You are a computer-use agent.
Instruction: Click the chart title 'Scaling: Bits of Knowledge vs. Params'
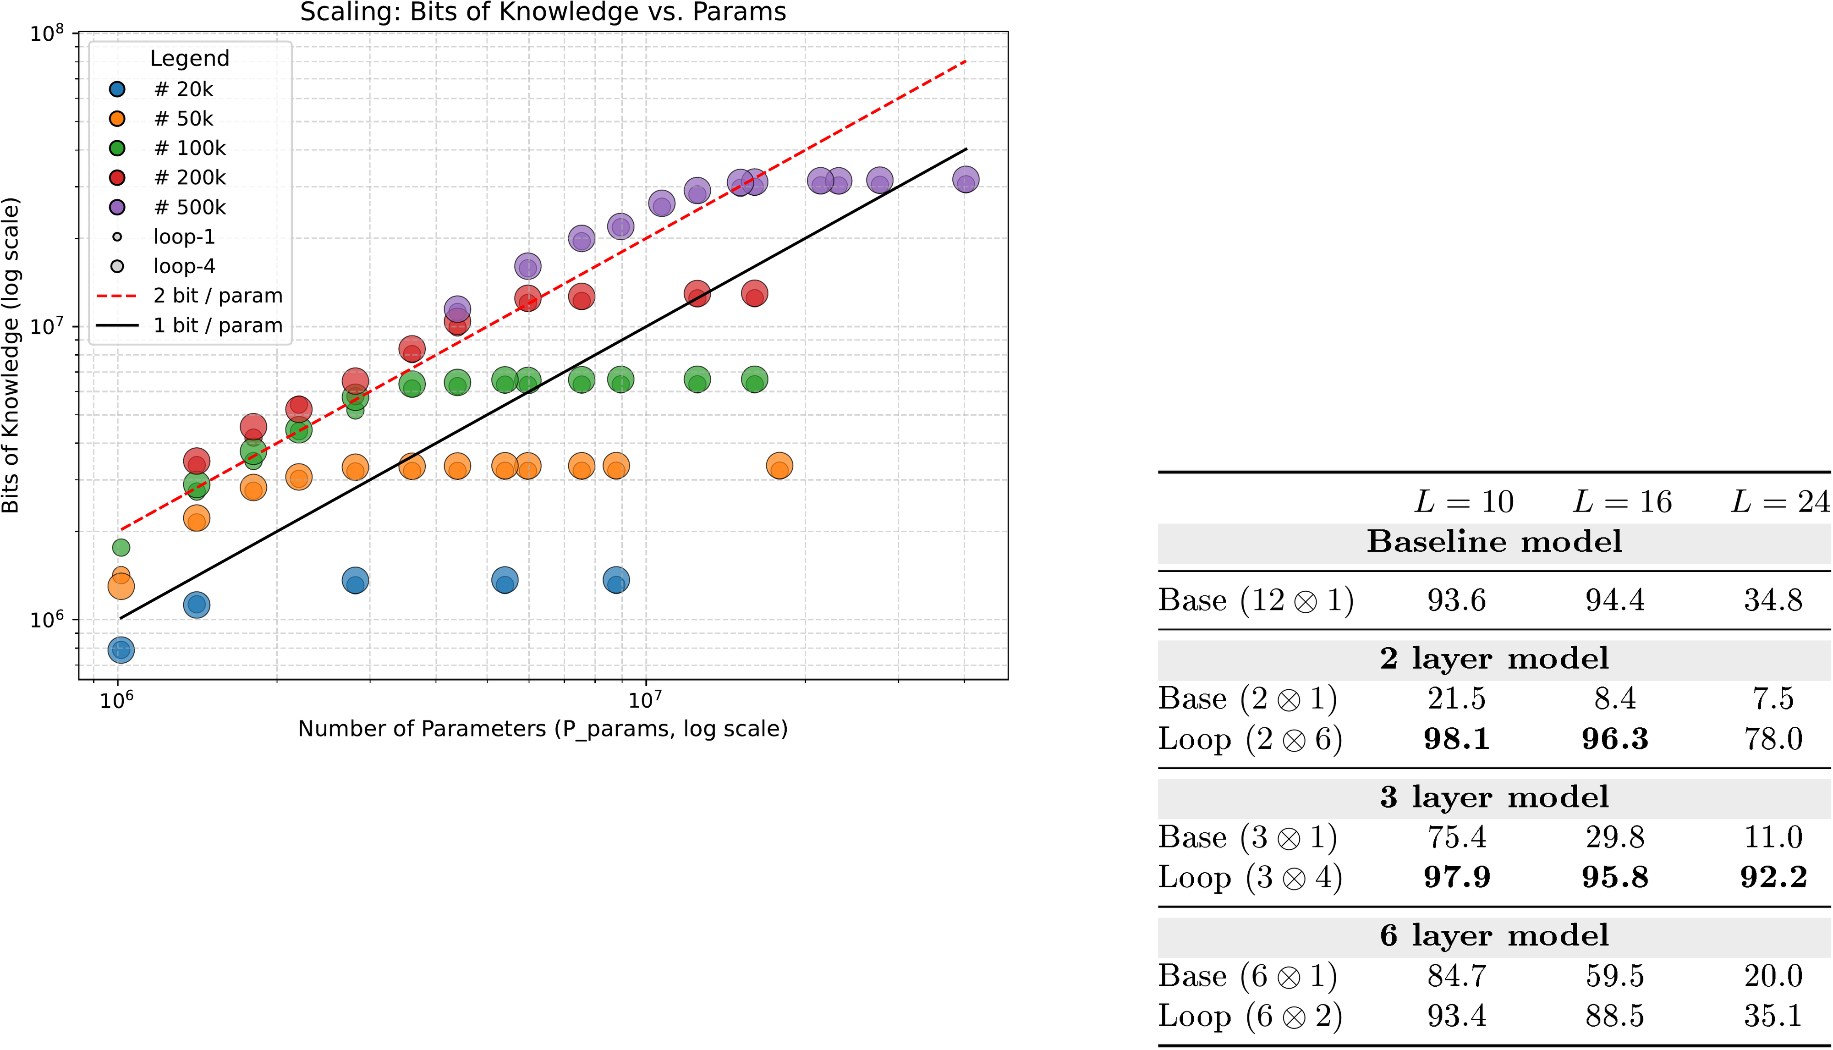pos(543,12)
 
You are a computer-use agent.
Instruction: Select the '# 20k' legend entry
pos(183,89)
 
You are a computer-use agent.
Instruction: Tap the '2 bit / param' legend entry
pos(218,296)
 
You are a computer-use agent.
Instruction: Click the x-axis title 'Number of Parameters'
pos(542,729)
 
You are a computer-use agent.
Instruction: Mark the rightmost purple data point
pos(966,180)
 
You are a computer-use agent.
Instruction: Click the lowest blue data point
pos(121,650)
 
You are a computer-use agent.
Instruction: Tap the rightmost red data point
pos(754,293)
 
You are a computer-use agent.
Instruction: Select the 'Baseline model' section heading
pos(1494,542)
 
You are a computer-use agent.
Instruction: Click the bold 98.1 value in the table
pos(1457,739)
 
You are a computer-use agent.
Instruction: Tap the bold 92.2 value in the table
pos(1773,878)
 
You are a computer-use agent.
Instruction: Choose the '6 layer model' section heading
pos(1494,936)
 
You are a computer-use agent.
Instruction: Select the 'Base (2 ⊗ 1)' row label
pos(1247,699)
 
